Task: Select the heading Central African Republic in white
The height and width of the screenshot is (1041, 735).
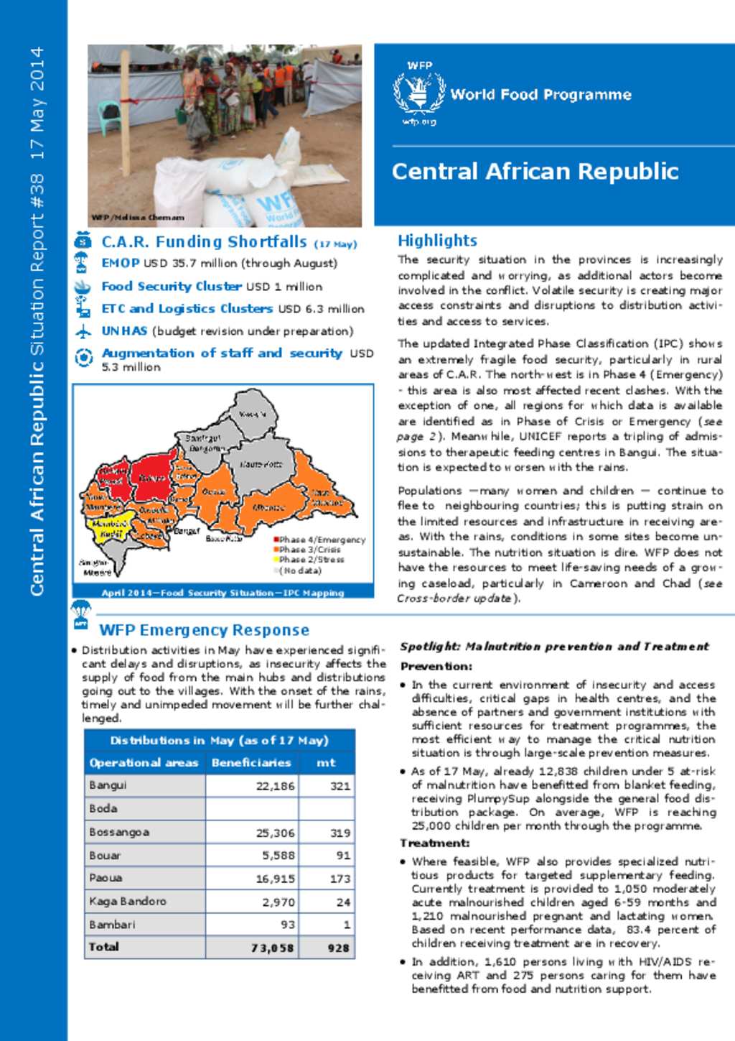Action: coord(535,172)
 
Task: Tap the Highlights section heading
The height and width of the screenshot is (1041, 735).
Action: coord(437,241)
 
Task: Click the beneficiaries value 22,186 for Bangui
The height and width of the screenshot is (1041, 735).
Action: coord(275,786)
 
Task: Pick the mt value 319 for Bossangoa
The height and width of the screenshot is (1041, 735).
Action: coord(340,833)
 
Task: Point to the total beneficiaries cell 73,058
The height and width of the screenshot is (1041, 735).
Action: coord(272,948)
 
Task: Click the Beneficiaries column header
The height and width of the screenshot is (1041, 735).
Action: coord(251,762)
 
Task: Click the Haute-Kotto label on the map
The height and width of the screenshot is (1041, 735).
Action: coord(261,464)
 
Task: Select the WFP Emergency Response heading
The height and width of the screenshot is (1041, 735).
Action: coord(204,630)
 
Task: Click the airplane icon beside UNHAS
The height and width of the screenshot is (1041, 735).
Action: coord(83,332)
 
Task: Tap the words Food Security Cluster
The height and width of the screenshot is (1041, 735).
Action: coord(171,286)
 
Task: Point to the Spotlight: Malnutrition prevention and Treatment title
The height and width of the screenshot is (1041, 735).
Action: coord(554,647)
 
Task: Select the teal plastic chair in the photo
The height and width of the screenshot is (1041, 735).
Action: coord(109,116)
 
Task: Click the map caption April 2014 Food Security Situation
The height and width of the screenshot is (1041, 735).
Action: coord(223,593)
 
